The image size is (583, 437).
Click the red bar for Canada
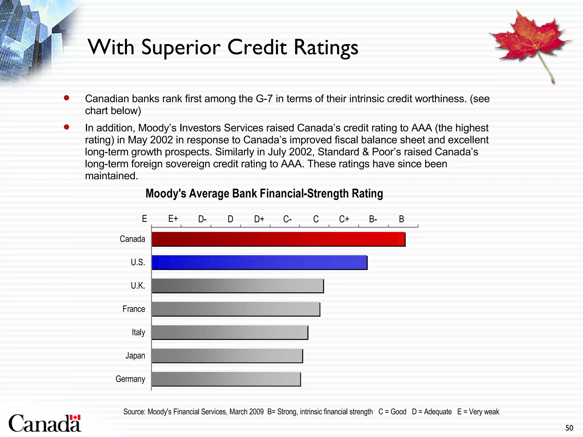pos(278,239)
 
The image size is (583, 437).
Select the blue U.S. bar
pos(259,262)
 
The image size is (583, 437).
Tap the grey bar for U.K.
pos(238,286)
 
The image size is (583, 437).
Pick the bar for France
pos(236,309)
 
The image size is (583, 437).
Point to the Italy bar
pos(230,332)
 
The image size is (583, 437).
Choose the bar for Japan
pos(227,356)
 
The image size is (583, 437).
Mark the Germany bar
pos(226,379)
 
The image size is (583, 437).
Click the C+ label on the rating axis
pos(344,219)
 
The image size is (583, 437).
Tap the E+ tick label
pos(173,219)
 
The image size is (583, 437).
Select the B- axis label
pos(373,219)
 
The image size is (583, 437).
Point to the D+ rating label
pos(259,219)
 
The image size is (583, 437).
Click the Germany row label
pos(130,379)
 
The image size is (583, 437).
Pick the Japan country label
pos(135,356)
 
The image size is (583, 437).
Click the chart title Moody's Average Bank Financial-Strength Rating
pos(264,193)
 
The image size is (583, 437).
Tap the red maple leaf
pos(529,40)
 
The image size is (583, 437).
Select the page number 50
pos(569,428)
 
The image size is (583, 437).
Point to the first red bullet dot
pos(67,98)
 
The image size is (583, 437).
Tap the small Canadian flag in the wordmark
pos(75,417)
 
